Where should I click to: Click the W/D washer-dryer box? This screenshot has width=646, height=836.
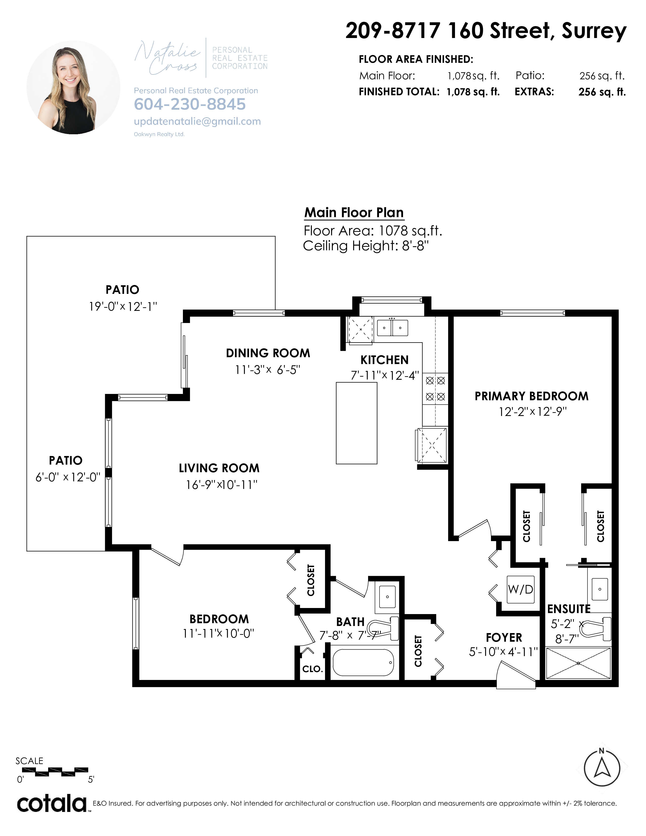click(521, 590)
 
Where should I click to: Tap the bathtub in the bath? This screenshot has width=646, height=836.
click(363, 663)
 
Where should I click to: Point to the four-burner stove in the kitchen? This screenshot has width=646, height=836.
click(435, 389)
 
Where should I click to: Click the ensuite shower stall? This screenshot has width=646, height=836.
click(578, 663)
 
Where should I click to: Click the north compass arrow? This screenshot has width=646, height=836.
click(602, 769)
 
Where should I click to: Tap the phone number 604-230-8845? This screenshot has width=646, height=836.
click(190, 104)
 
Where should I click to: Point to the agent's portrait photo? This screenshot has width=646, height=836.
click(73, 87)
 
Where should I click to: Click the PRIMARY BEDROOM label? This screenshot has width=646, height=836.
click(531, 396)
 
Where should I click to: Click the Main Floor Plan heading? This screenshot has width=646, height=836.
click(354, 213)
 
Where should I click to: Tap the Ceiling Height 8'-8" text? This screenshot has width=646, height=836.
click(366, 246)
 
